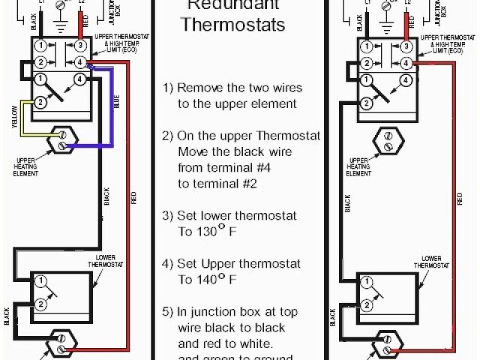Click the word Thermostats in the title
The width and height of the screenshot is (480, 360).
(234, 24)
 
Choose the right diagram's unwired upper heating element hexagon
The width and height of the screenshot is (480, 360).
(387, 140)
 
